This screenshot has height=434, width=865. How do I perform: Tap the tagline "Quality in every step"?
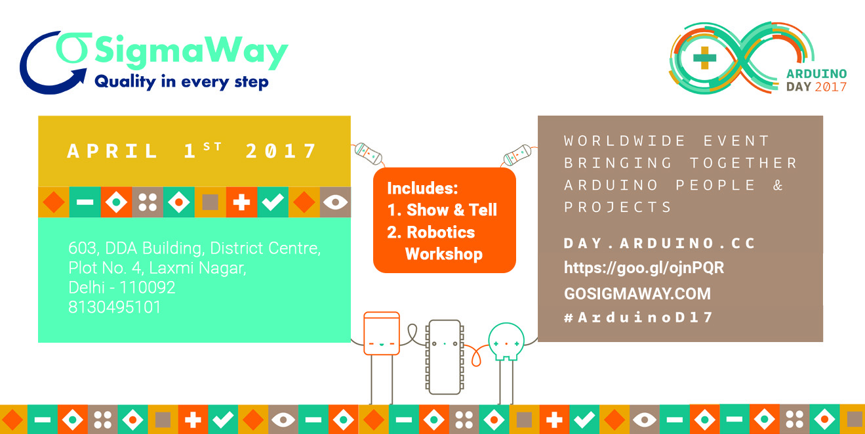182,82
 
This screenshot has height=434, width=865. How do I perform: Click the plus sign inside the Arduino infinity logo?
705,58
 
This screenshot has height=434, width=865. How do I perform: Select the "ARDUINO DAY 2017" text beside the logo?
816,80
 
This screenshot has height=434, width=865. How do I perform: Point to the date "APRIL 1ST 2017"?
192,151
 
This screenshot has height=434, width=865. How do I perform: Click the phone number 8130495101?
114,307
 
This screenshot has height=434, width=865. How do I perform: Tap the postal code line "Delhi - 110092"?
121,288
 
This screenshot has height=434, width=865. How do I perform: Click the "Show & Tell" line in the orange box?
442,210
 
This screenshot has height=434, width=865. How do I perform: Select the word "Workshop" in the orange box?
444,254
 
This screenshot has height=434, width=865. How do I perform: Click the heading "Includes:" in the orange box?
422,188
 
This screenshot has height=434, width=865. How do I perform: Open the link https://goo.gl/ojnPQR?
644,268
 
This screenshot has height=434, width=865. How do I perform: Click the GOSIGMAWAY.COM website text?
637,293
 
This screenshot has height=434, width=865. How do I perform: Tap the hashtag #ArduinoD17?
638,318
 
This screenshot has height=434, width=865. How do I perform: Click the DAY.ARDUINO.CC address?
659,244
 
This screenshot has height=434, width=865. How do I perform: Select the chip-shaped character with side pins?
445,357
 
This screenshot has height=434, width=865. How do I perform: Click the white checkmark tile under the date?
273,202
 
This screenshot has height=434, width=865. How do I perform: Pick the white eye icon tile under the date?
335,202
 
